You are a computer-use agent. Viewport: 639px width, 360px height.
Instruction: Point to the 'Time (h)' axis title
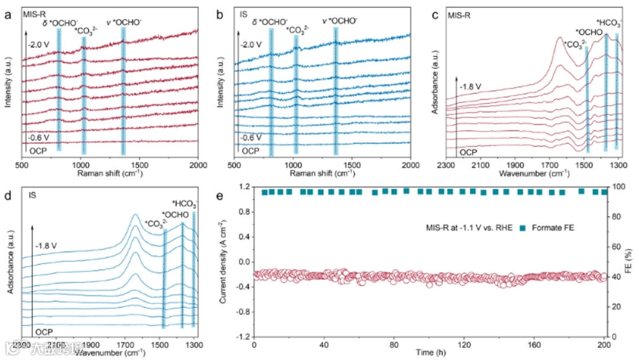click(x=429, y=354)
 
